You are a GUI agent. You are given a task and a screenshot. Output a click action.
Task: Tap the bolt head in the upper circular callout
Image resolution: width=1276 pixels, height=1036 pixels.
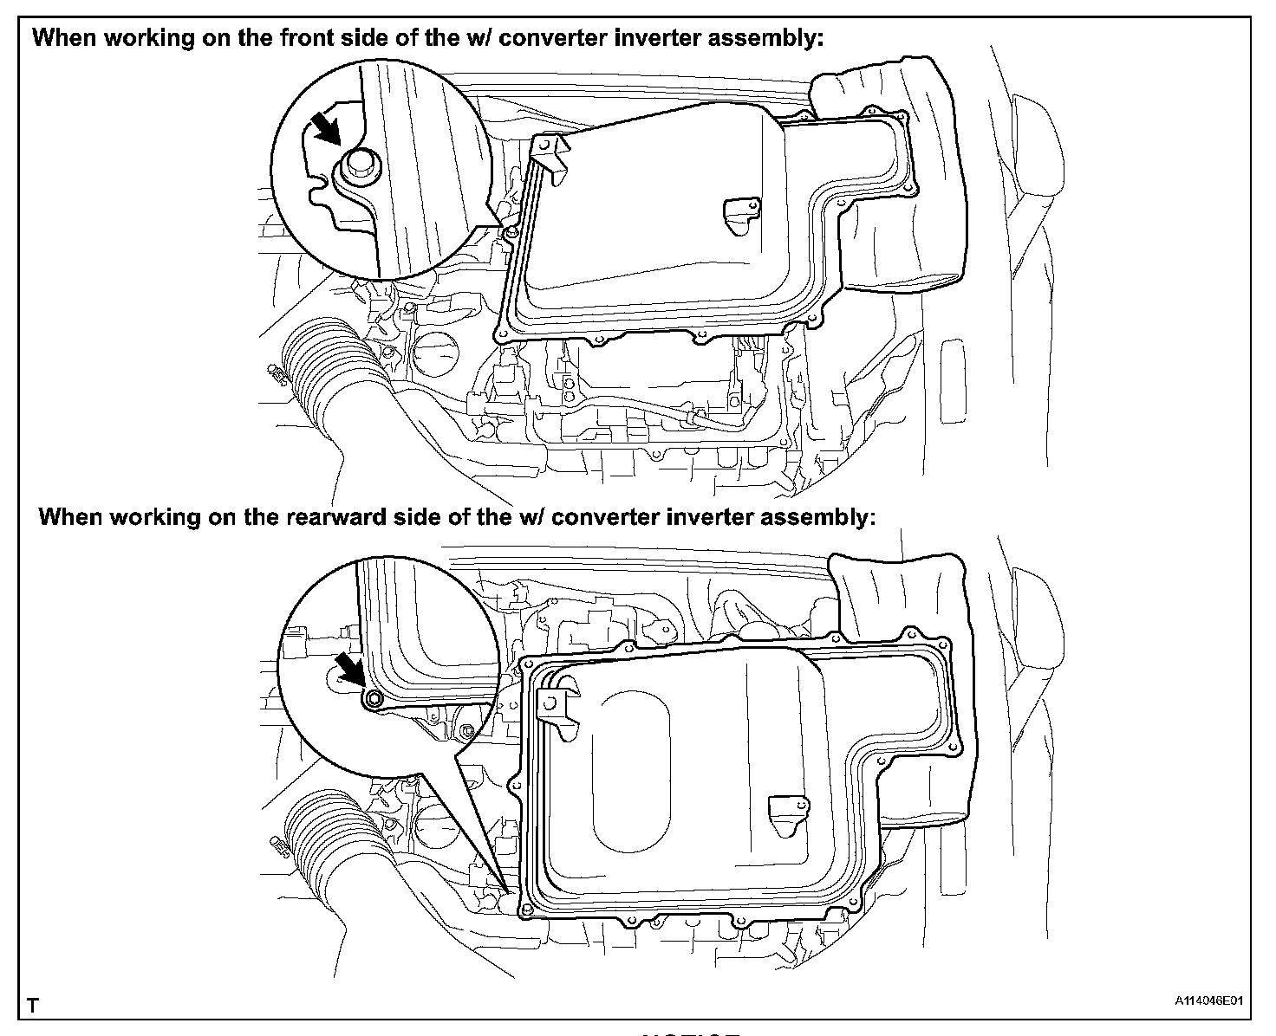point(357,165)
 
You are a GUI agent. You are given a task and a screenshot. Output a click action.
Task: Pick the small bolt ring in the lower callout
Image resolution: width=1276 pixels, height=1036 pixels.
point(374,699)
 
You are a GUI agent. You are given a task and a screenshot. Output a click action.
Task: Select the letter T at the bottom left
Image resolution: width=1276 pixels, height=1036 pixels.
point(33,1006)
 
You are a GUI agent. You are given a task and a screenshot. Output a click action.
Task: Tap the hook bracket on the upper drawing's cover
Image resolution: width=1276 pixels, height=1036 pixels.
point(553,155)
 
